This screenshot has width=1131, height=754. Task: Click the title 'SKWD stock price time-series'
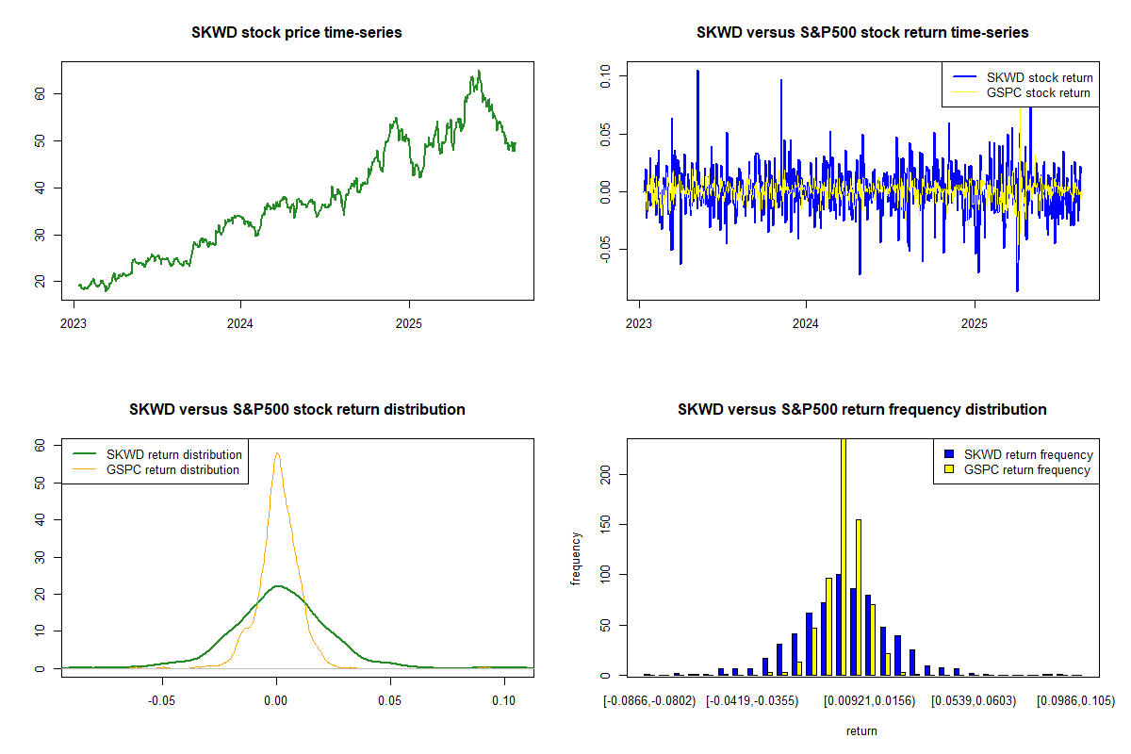[297, 33]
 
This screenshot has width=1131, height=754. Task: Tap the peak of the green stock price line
[479, 71]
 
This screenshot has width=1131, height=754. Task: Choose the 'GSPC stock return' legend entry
[1038, 92]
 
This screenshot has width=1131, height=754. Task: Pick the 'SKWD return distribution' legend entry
[173, 454]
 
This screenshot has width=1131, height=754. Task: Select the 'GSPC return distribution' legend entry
[172, 469]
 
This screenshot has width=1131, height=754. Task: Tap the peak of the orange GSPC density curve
[277, 453]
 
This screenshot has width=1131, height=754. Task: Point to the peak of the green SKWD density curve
[277, 586]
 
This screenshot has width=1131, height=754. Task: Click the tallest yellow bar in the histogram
[843, 556]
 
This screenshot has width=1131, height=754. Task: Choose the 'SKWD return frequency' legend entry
[1028, 454]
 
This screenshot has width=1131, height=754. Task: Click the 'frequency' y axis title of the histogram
[577, 559]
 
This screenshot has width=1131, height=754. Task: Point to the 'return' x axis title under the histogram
[861, 730]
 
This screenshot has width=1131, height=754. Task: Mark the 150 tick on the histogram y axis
[605, 524]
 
